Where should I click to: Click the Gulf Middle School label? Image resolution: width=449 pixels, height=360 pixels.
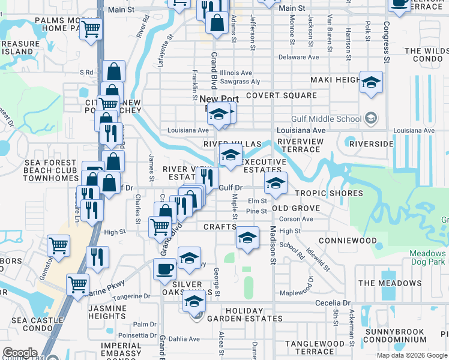(327, 118)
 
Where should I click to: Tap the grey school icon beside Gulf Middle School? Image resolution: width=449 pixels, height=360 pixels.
(372, 118)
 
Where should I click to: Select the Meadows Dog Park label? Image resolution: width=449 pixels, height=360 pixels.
(428, 257)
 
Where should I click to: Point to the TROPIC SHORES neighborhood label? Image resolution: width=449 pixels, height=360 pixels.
(329, 193)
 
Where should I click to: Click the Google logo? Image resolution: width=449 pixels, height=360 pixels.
(20, 353)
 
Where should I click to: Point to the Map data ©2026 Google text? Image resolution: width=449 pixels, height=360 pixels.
(412, 355)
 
